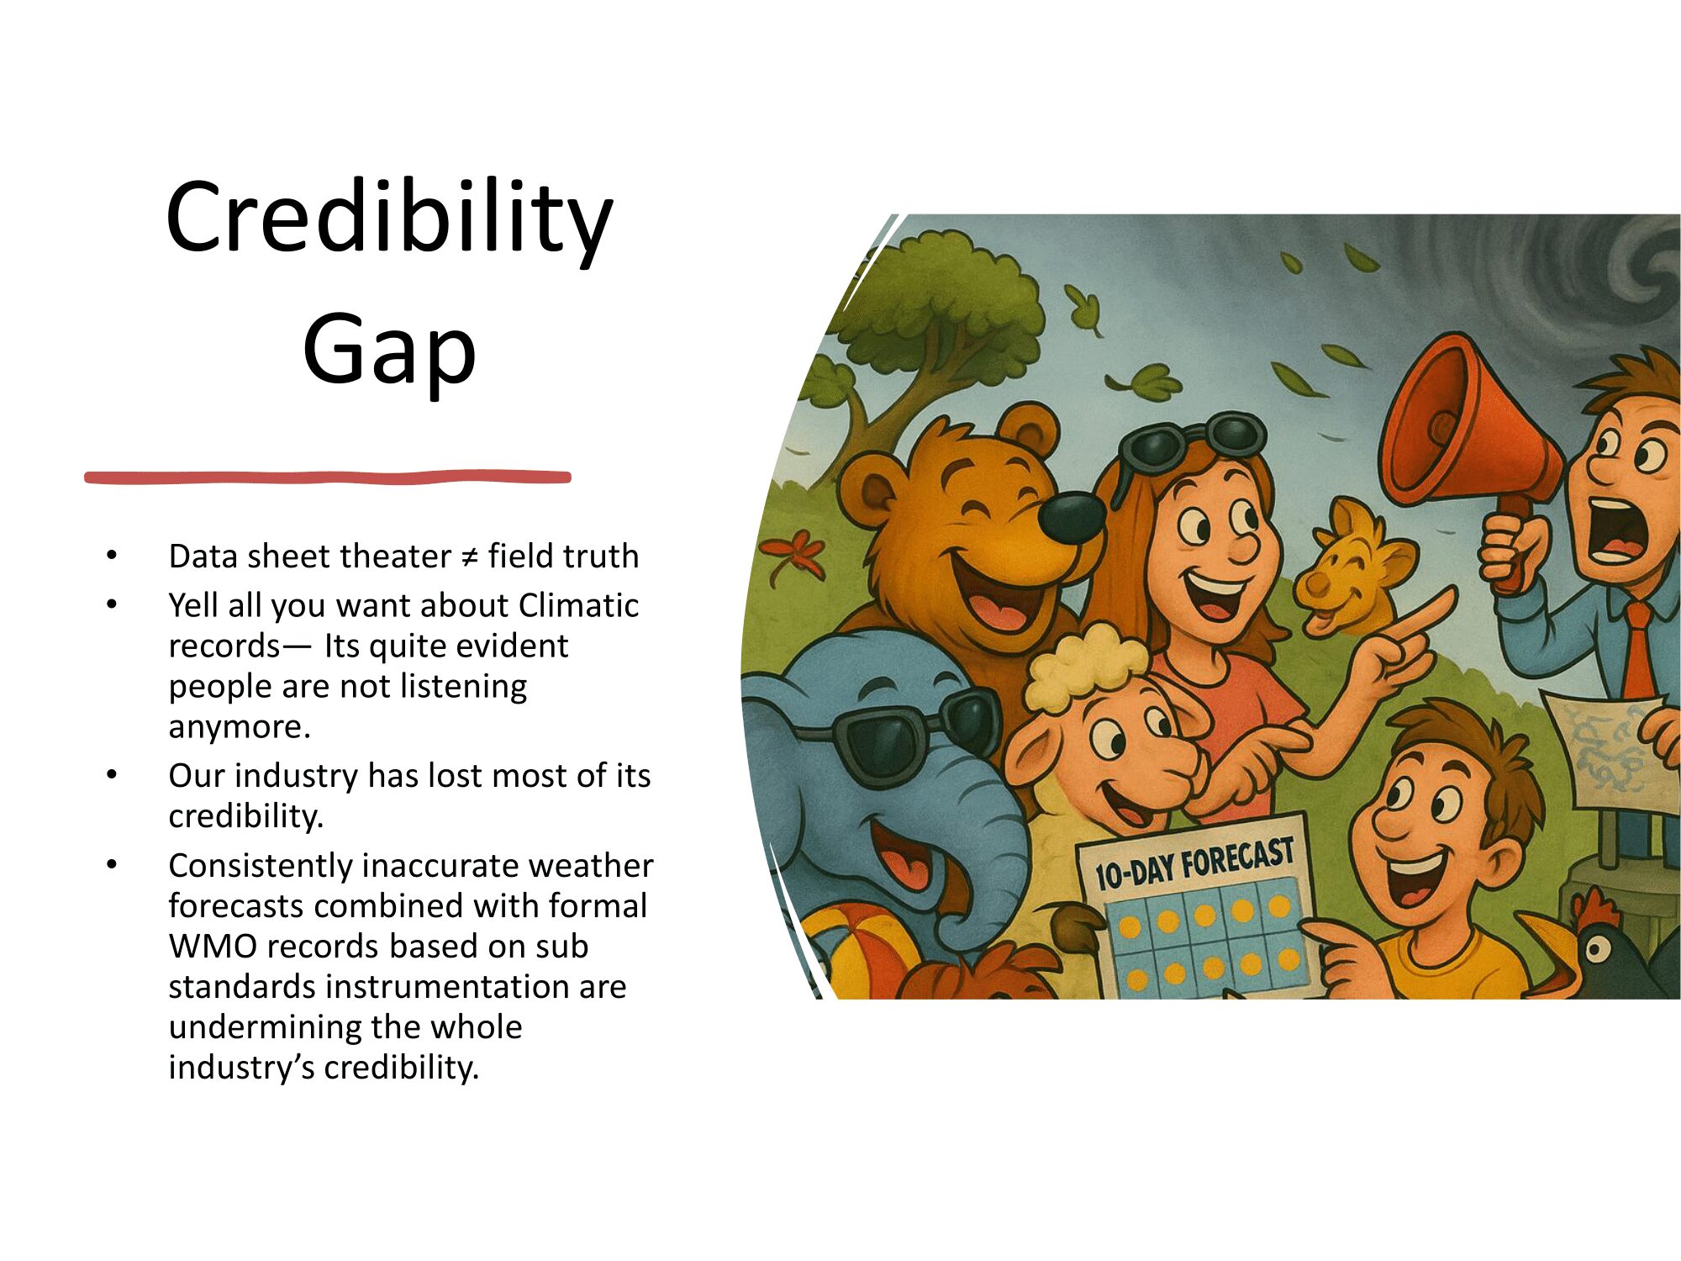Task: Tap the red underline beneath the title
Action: [328, 477]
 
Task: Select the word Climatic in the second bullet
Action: [578, 605]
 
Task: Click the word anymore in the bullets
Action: [239, 727]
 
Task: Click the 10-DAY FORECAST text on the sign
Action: [1194, 864]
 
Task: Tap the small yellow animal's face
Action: [1345, 563]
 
